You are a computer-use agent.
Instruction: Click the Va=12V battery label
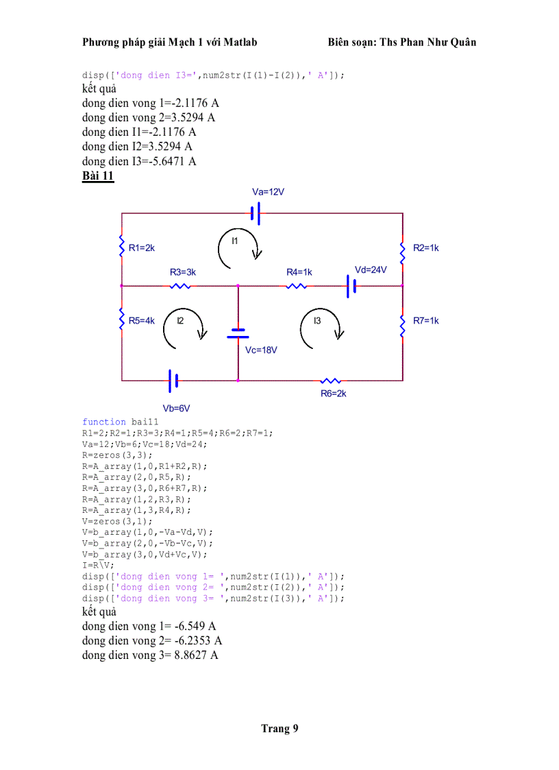coord(268,192)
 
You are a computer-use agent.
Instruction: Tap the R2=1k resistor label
coord(425,248)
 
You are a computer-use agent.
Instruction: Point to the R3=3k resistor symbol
coord(180,285)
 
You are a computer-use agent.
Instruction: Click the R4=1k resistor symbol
coord(297,285)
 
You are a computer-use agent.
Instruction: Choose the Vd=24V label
coord(371,269)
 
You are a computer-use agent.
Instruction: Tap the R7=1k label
coord(425,320)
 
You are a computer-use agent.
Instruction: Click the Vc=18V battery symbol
coord(238,333)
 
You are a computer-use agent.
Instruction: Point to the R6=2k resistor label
coord(334,394)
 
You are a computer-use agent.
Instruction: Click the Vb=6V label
coord(176,408)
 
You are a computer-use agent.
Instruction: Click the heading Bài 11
coord(98,176)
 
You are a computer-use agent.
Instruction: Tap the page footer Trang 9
coord(279,728)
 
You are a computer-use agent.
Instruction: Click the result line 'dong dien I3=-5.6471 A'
coord(139,161)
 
